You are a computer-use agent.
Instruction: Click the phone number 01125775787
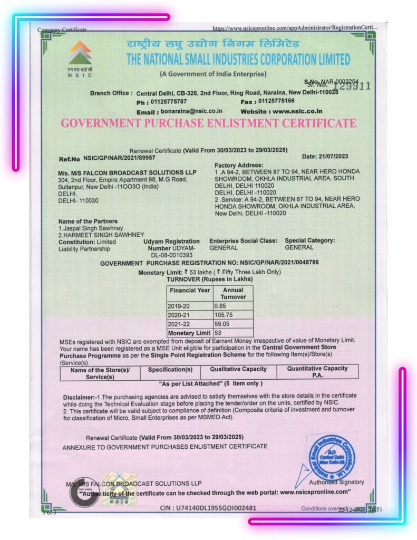(169, 101)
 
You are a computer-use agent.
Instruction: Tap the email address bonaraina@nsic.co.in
(191, 112)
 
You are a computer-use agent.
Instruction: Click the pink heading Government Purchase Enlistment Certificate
(208, 123)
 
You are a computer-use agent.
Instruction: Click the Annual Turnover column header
(232, 293)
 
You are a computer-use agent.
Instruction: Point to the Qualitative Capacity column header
(238, 369)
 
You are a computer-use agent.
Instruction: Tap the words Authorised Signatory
(336, 482)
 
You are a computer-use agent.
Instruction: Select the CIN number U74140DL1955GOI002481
(208, 508)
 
